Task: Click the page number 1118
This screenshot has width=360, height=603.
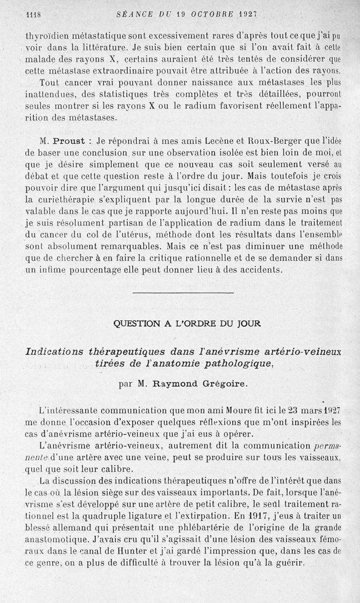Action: pos(34,14)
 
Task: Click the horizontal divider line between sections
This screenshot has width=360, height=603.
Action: pos(184,293)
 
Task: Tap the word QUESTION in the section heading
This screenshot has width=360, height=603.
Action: pos(134,323)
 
